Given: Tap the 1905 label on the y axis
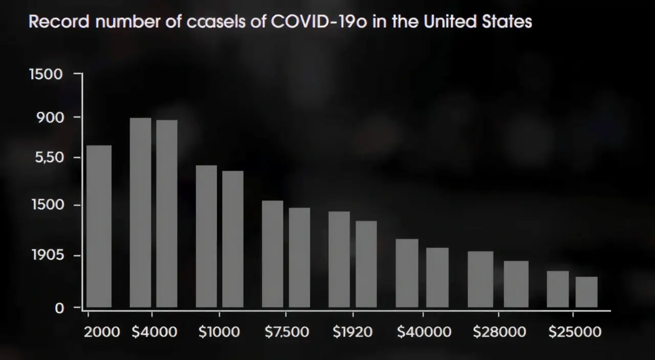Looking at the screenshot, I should click(x=47, y=255).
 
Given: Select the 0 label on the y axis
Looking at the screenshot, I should click(x=60, y=308).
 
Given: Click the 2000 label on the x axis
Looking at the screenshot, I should click(x=102, y=332).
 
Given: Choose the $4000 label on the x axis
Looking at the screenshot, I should click(x=155, y=332).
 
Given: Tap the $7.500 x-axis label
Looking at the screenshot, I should click(x=287, y=332).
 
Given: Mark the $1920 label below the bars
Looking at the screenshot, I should click(x=353, y=332).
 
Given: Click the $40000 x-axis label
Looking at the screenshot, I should click(x=424, y=332).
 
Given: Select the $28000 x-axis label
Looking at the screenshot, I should click(x=499, y=332).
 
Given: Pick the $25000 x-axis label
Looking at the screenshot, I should click(x=575, y=332).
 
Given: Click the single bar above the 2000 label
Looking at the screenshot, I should click(x=99, y=227).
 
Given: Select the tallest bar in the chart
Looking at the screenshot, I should click(x=140, y=213).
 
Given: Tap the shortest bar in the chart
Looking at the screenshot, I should click(x=586, y=292).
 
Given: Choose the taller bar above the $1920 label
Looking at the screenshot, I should click(x=339, y=259).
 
